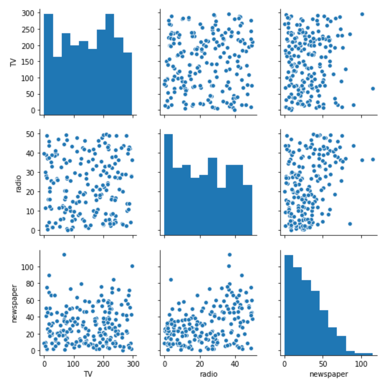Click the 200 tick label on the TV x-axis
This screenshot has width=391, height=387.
(104, 364)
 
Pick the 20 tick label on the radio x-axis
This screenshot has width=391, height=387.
(200, 364)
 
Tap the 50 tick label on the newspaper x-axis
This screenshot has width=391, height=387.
(323, 364)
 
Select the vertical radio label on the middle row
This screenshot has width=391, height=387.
(18, 184)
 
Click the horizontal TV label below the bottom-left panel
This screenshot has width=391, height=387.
(88, 374)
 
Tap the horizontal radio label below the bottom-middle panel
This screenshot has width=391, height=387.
(209, 374)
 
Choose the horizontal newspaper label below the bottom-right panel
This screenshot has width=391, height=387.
(328, 374)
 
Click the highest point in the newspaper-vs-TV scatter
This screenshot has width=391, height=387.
(64, 255)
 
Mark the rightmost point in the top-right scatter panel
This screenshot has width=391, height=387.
(373, 88)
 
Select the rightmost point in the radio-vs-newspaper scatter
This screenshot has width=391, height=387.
(373, 159)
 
